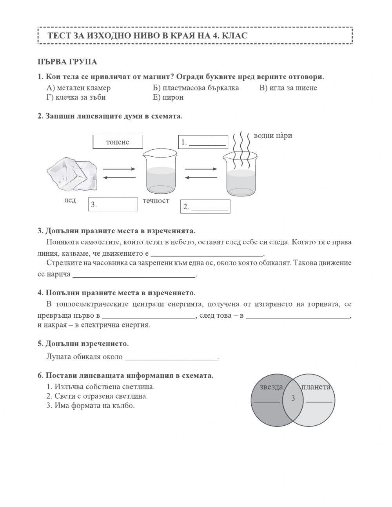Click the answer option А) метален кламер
(78, 88)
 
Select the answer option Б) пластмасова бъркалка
(196, 88)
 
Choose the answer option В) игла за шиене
(288, 88)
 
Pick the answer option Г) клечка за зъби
(76, 97)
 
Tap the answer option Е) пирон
(168, 97)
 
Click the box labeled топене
(118, 142)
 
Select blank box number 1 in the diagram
(203, 142)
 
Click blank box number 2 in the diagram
(205, 207)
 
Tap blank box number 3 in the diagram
(113, 204)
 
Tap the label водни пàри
(273, 136)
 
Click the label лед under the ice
(70, 200)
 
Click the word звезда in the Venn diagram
(271, 387)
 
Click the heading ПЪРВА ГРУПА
(67, 62)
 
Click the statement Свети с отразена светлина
(97, 396)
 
